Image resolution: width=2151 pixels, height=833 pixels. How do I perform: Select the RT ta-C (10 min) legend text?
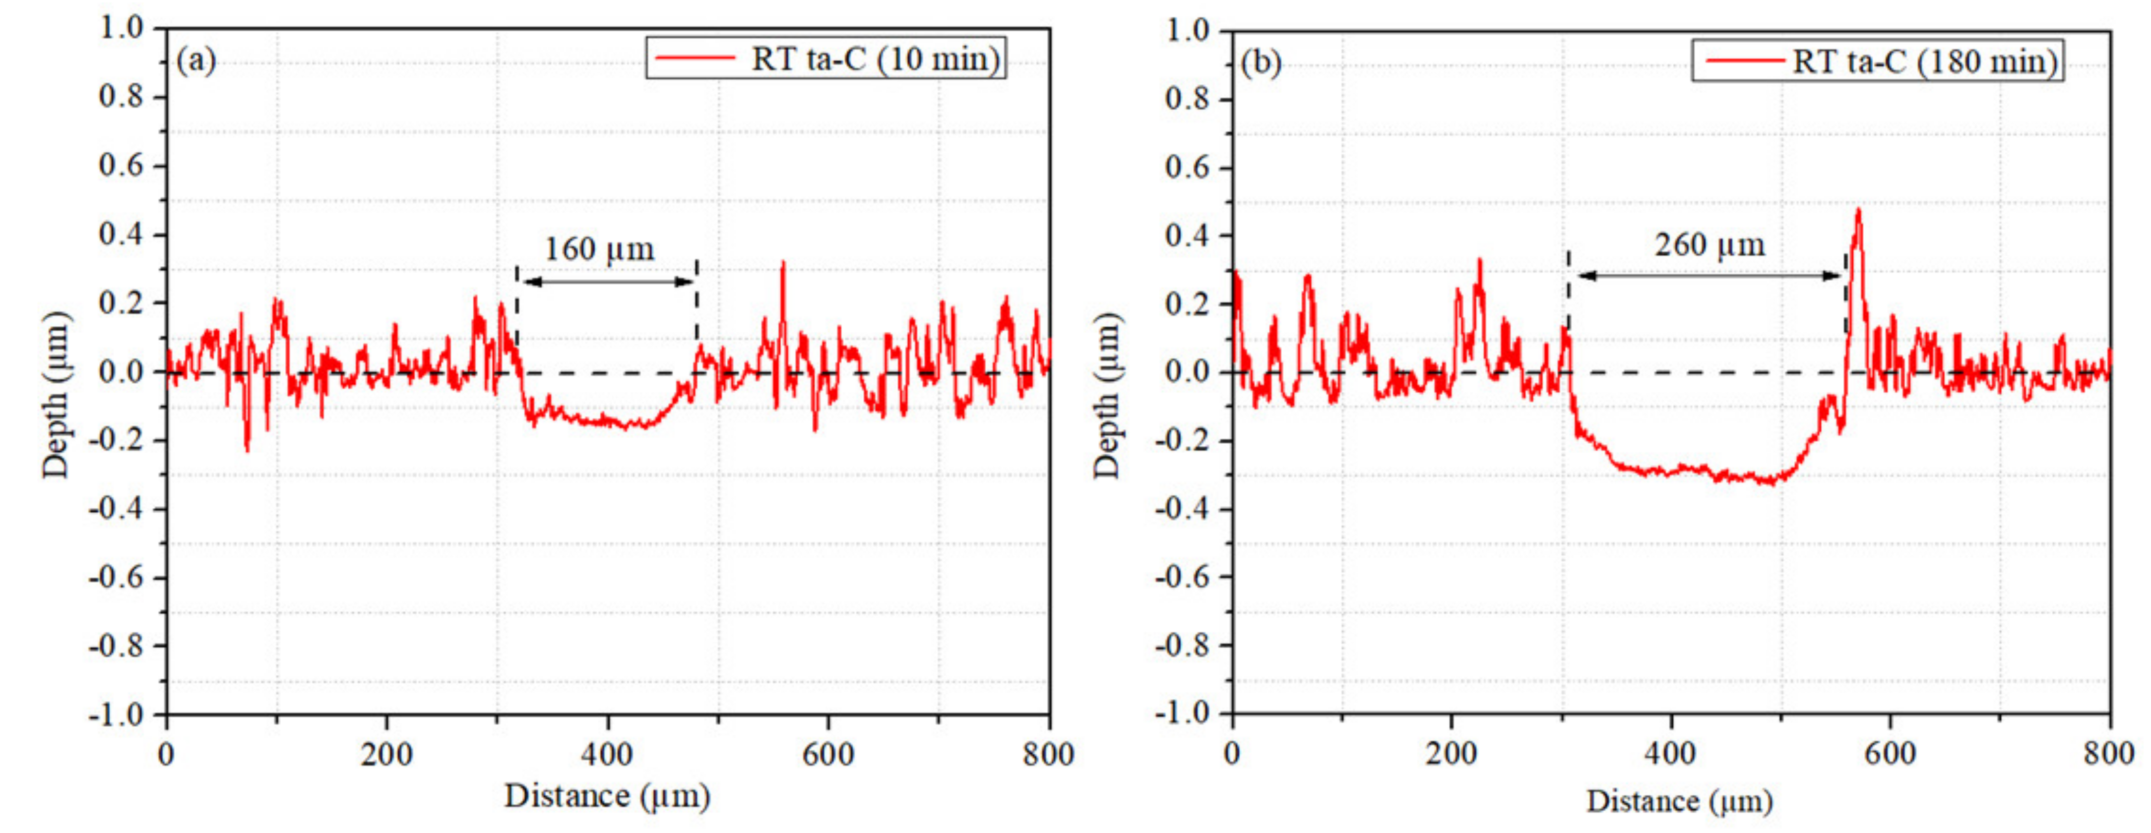click(x=875, y=59)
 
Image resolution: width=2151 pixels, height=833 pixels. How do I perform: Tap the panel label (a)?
click(x=196, y=60)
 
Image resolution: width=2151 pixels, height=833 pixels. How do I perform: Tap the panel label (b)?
click(x=1261, y=62)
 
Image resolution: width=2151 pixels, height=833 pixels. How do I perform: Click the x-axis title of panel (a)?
click(x=607, y=795)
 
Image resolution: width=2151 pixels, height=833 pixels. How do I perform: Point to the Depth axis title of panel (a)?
click(x=55, y=394)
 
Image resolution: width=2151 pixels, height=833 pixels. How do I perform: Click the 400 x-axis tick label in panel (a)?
click(x=607, y=755)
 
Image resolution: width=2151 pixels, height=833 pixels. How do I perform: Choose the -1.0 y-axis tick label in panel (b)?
click(x=1182, y=713)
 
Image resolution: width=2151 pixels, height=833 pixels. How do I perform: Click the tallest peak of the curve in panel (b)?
click(x=1858, y=211)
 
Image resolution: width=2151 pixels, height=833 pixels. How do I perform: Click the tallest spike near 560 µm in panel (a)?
click(x=782, y=264)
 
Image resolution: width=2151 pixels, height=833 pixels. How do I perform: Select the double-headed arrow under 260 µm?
click(x=1709, y=276)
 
